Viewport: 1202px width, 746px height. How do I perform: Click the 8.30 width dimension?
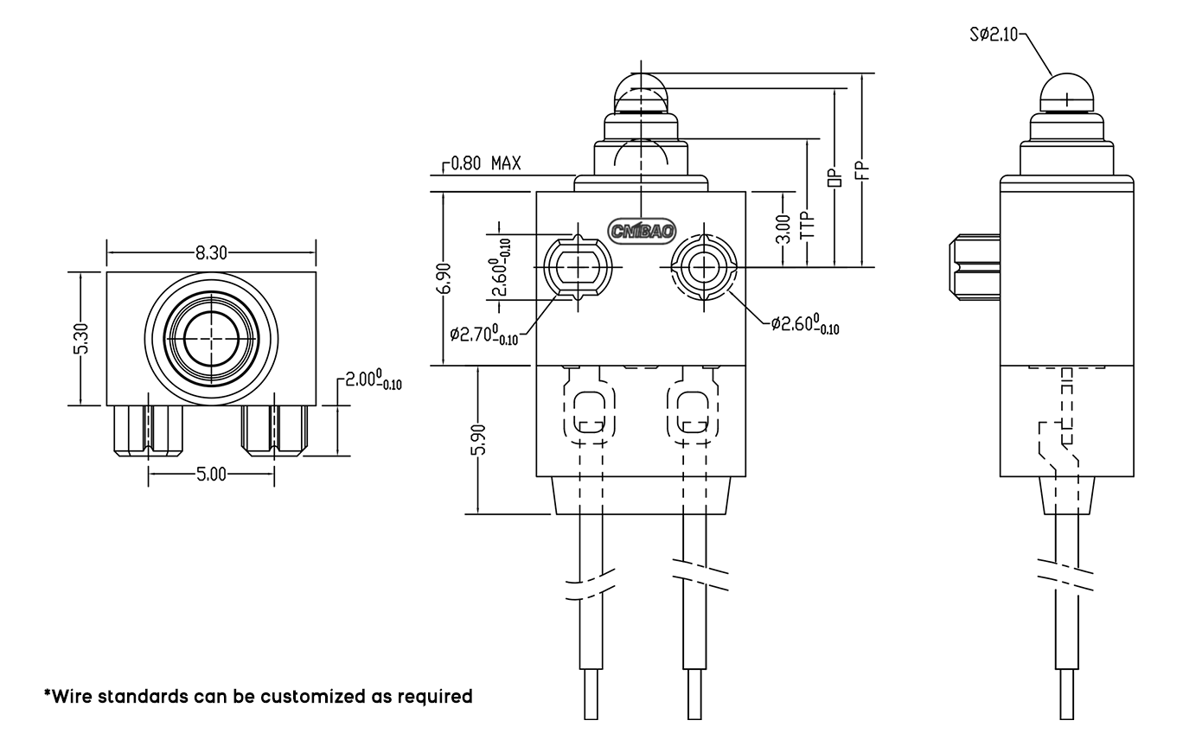point(211,252)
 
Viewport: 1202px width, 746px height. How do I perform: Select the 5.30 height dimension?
point(81,338)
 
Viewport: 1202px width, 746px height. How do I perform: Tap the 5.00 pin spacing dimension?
point(211,474)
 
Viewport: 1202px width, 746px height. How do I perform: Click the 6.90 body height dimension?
point(444,278)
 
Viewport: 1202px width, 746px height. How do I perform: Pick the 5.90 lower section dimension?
point(477,440)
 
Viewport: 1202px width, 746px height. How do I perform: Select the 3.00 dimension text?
point(783,228)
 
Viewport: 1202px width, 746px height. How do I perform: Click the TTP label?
point(807,226)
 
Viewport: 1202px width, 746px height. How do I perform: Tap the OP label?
point(834,176)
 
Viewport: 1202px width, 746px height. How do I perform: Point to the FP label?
point(862,170)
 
